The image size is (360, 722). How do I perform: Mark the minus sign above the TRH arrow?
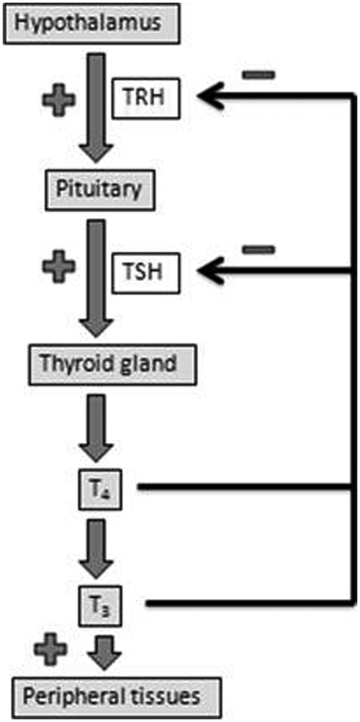coord(258,74)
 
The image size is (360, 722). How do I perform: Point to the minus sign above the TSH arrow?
coord(258,249)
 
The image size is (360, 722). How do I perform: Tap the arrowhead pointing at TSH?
coord(209,268)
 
